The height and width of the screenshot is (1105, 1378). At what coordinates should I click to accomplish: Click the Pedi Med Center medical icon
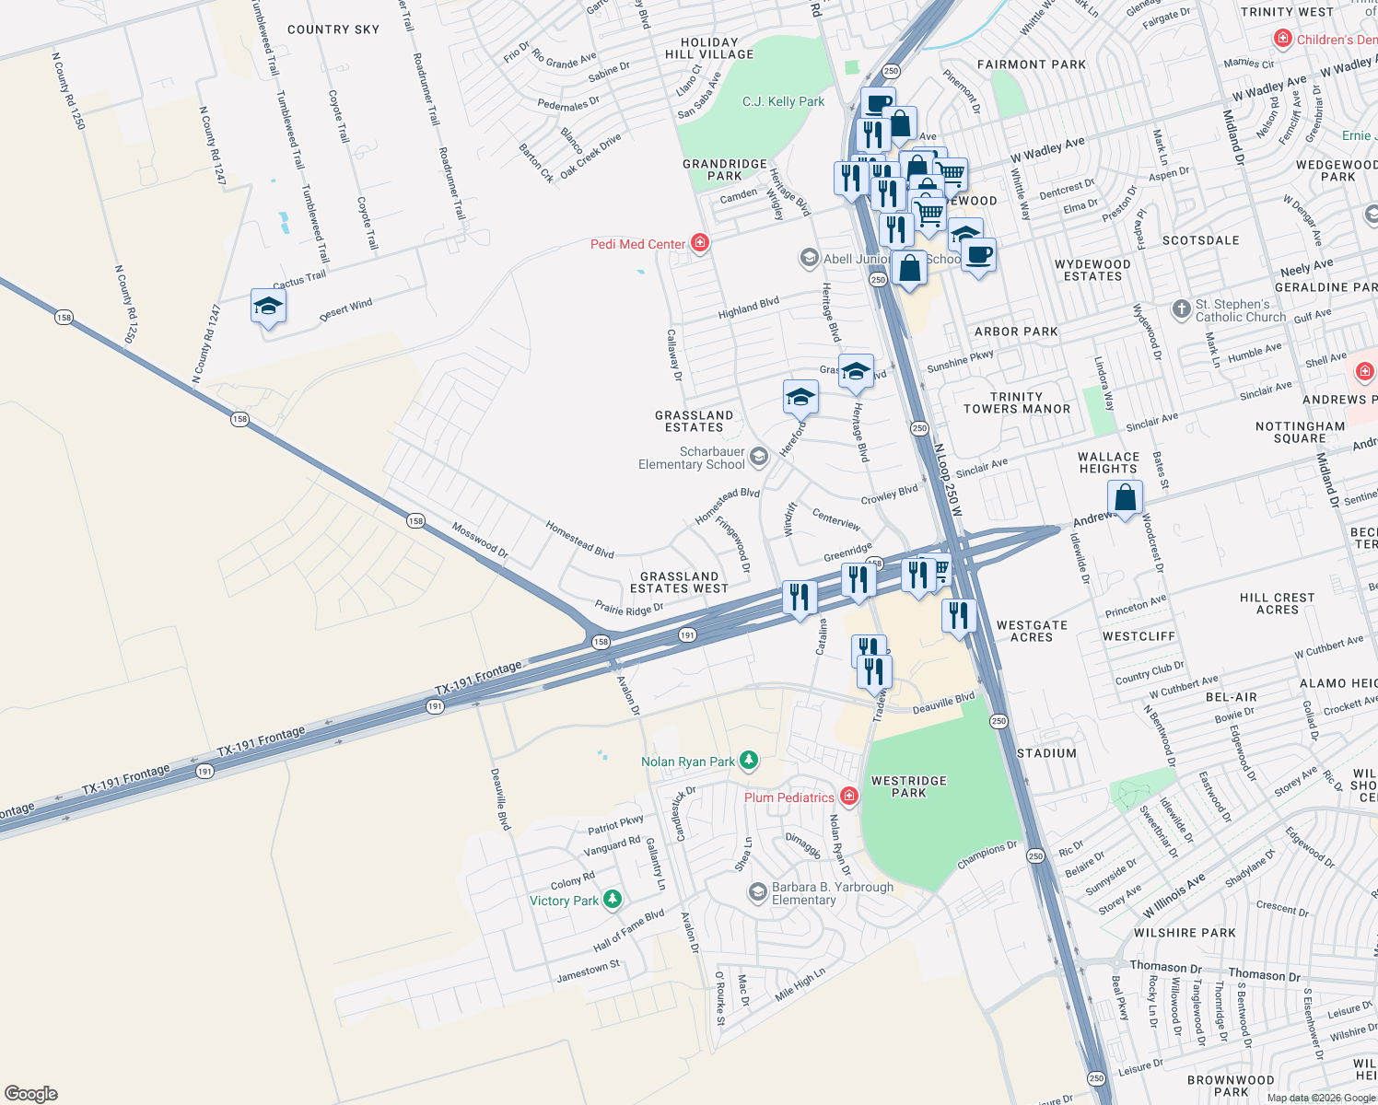(700, 243)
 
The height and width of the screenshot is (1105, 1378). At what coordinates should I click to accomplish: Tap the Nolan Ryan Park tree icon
(749, 761)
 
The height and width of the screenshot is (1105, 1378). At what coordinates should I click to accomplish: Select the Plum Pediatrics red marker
(849, 797)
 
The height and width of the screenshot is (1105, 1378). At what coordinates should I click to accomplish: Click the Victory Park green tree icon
(613, 900)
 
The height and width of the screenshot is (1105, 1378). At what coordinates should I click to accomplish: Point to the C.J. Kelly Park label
(783, 101)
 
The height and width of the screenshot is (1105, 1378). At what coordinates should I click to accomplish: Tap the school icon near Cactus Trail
(268, 307)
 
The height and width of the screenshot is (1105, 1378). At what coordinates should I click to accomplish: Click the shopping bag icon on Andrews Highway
(1125, 498)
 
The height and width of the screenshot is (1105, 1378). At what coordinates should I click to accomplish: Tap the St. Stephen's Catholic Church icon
(1182, 309)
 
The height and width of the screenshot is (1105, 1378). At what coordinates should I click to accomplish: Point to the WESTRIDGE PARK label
(908, 786)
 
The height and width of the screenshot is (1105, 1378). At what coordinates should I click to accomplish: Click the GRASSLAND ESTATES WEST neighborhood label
(679, 582)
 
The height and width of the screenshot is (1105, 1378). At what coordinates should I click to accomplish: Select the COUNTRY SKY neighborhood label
(333, 29)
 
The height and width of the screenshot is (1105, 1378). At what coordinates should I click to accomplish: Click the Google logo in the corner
(31, 1093)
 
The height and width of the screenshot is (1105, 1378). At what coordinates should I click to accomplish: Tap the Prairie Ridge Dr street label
(629, 609)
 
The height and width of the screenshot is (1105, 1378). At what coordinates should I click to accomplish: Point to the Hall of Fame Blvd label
(628, 931)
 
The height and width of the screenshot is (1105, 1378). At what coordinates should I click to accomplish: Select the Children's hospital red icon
(1282, 39)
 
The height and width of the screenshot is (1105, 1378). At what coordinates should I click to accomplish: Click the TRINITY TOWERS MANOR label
(1017, 402)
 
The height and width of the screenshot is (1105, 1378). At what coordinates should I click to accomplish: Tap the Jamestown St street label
(588, 971)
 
